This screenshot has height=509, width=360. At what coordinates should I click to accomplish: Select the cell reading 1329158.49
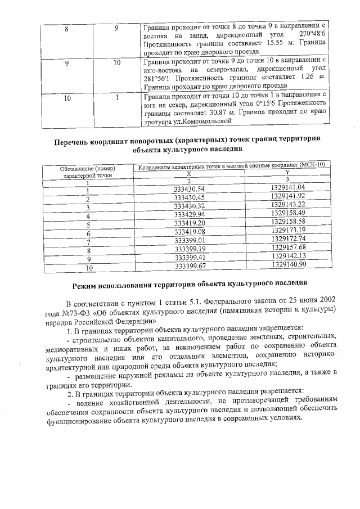click(x=287, y=214)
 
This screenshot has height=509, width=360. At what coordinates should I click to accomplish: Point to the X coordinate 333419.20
click(x=189, y=223)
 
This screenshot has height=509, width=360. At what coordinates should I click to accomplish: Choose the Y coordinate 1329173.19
click(x=287, y=231)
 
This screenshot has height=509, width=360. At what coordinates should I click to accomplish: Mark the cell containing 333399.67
click(x=189, y=266)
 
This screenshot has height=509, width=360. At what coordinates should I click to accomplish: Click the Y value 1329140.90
click(x=287, y=265)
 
